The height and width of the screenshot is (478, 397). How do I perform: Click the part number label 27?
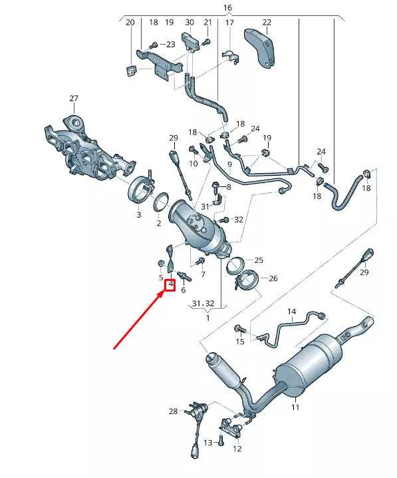click(x=73, y=99)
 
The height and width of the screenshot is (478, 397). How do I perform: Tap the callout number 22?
click(x=267, y=22)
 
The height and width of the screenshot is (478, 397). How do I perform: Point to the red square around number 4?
click(x=170, y=285)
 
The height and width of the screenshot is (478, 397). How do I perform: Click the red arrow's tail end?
click(x=115, y=348)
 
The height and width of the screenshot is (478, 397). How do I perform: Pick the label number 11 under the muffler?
click(x=295, y=406)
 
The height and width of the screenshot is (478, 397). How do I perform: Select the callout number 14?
click(x=291, y=311)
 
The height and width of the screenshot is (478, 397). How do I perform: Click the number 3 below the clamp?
click(x=138, y=215)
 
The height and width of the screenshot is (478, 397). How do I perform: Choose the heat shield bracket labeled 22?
click(x=262, y=47)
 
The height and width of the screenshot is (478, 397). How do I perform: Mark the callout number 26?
click(x=273, y=278)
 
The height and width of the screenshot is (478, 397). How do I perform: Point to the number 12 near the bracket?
click(x=237, y=448)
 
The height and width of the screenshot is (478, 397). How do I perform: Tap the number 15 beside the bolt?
click(x=240, y=342)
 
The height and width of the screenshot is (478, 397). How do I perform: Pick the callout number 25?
click(x=259, y=260)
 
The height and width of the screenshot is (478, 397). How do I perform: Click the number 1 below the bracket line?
click(x=207, y=318)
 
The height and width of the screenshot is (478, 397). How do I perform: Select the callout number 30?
click(x=190, y=22)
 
